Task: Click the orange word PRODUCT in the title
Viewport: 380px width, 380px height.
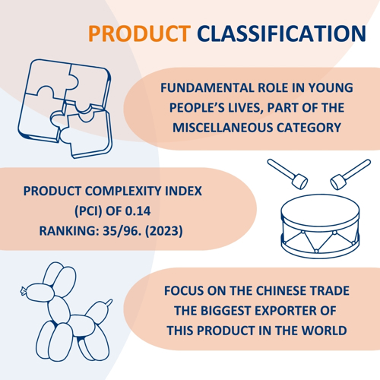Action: (139, 33)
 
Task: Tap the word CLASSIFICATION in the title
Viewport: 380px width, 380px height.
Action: (281, 33)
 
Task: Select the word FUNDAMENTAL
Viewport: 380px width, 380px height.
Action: (207, 88)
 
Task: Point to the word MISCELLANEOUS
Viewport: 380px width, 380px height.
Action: (223, 128)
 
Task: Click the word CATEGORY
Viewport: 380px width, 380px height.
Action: (309, 128)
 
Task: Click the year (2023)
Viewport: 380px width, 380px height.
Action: (164, 231)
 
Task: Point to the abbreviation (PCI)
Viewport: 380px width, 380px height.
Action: (88, 211)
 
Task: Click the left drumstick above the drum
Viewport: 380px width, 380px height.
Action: (287, 174)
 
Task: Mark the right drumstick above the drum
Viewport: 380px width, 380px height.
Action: (350, 174)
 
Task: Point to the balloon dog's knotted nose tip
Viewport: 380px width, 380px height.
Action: (23, 291)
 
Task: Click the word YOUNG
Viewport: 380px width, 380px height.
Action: (331, 88)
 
